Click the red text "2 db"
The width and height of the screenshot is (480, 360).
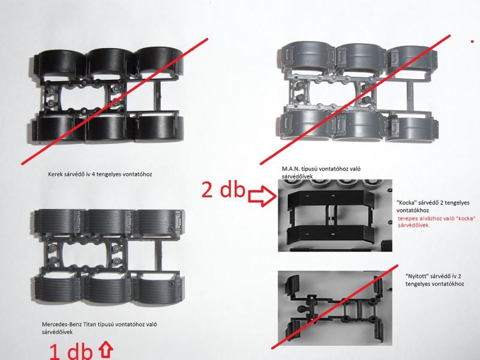click(x=223, y=190)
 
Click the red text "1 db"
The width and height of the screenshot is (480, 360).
click(x=71, y=352)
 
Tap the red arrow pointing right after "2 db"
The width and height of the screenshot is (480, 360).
click(x=262, y=197)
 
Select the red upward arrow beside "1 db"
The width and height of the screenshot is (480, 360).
click(x=106, y=349)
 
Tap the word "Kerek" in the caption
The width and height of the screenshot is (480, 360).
click(x=55, y=174)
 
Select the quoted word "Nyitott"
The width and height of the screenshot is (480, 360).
click(x=417, y=276)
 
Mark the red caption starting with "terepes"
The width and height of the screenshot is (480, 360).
click(x=437, y=222)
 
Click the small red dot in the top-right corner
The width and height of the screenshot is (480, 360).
click(x=473, y=41)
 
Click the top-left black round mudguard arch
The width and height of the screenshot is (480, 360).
click(x=59, y=63)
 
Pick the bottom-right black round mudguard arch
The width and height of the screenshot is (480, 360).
click(x=158, y=128)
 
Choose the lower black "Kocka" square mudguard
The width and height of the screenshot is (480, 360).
click(x=331, y=234)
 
